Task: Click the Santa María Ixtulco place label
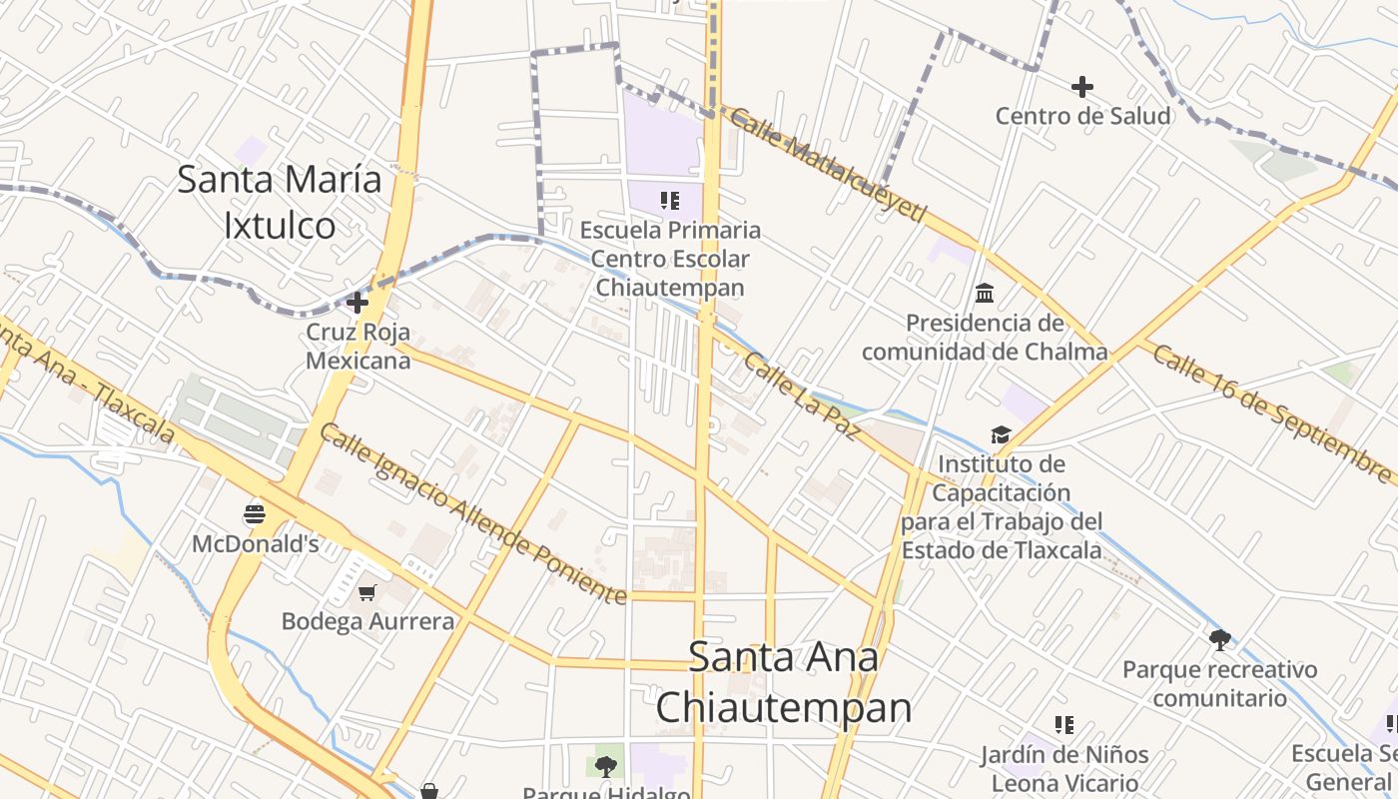click(x=280, y=203)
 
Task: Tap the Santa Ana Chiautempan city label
click(x=784, y=682)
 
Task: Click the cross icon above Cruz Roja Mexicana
click(x=356, y=302)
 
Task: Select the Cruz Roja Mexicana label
click(x=357, y=346)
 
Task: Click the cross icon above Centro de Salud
click(x=1081, y=87)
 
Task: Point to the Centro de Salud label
click(x=1082, y=116)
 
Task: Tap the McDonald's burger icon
click(x=255, y=514)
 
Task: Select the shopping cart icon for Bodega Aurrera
click(x=367, y=593)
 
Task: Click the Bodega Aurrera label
click(x=367, y=621)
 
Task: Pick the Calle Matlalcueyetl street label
click(x=828, y=166)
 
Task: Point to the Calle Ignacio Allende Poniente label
click(x=473, y=513)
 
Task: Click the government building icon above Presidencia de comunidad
click(x=985, y=293)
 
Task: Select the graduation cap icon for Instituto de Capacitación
click(x=1001, y=434)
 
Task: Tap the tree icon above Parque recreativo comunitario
click(x=1219, y=639)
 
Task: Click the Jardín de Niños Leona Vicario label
click(x=1063, y=768)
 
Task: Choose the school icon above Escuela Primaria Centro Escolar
click(x=670, y=201)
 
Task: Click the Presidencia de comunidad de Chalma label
click(x=985, y=338)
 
